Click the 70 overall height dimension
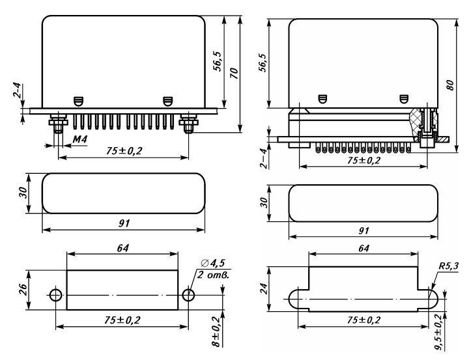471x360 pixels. point(234,74)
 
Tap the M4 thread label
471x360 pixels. point(79,139)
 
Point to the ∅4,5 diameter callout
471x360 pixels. point(212,263)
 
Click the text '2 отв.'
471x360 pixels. point(213,275)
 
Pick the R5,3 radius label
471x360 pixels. point(449,266)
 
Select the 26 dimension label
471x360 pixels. point(23,290)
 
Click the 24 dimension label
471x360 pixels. point(263,288)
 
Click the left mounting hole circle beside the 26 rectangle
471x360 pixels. point(56,296)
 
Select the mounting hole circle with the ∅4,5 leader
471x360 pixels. point(188,296)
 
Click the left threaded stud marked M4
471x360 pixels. point(58,122)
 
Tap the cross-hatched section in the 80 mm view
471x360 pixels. point(416,123)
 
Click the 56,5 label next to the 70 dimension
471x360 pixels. point(218,61)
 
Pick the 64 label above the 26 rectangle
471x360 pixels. point(123,248)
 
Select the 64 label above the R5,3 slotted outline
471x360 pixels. point(364,248)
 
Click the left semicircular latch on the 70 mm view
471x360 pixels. point(78,101)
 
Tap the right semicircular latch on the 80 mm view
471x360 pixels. point(405,99)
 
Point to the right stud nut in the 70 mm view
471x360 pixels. point(189,122)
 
